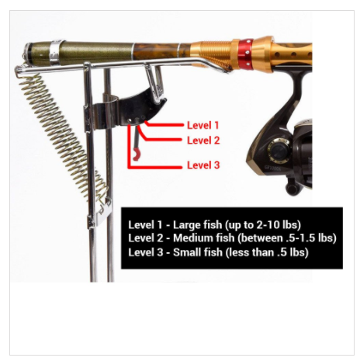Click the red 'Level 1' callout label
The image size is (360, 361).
pyautogui.click(x=203, y=125)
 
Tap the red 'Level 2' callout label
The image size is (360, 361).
pyautogui.click(x=203, y=141)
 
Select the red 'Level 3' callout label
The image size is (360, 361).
pyautogui.click(x=203, y=165)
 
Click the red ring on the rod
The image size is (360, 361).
pyautogui.click(x=245, y=54)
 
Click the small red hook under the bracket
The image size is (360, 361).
pyautogui.click(x=136, y=154)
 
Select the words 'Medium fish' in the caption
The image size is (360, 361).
pyautogui.click(x=203, y=238)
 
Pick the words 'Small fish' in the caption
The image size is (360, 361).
pyautogui.click(x=198, y=252)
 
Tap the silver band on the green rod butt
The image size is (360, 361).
pyautogui.click(x=56, y=52)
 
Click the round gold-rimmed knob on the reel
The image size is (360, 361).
pyautogui.click(x=278, y=149)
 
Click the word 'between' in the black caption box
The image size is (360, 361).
pyautogui.click(x=261, y=238)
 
